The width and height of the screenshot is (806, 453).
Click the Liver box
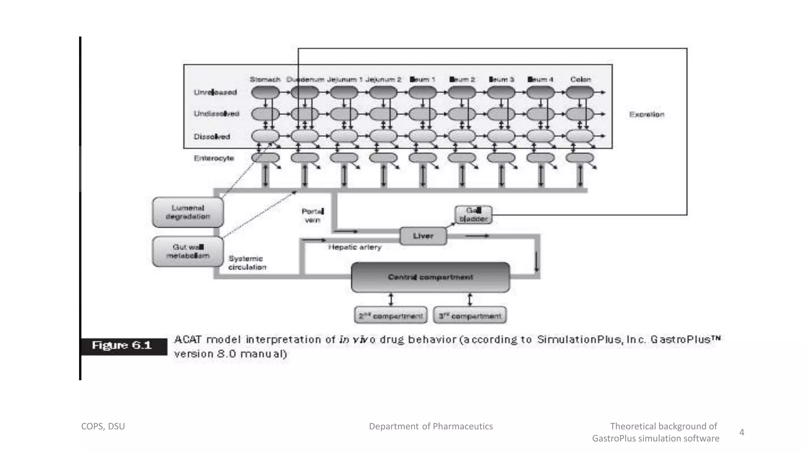[x=423, y=236]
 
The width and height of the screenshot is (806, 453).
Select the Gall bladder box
[x=473, y=215]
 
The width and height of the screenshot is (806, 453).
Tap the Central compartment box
[x=430, y=277]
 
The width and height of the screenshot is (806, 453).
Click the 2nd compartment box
[x=390, y=316]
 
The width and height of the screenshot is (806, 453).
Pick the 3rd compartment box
[x=470, y=316]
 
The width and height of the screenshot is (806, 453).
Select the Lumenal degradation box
[x=188, y=212]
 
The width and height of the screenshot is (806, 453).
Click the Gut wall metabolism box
[x=188, y=251]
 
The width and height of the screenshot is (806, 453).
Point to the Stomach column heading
[x=265, y=79]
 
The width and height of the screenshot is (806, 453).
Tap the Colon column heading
[x=580, y=79]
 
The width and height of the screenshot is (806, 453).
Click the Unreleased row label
[x=215, y=92]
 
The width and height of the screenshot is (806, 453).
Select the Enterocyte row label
[x=214, y=158]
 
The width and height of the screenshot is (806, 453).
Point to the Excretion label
[x=647, y=114]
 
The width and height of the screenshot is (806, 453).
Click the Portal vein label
[x=313, y=215]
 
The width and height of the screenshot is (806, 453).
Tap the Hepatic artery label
[x=355, y=247]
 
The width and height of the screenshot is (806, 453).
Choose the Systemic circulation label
[x=247, y=263]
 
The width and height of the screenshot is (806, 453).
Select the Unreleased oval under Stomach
[x=265, y=93]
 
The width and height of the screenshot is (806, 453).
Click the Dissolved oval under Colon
[x=580, y=136]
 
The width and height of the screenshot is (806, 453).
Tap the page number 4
[x=741, y=432]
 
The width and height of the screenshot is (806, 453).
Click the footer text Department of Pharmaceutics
[x=431, y=426]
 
